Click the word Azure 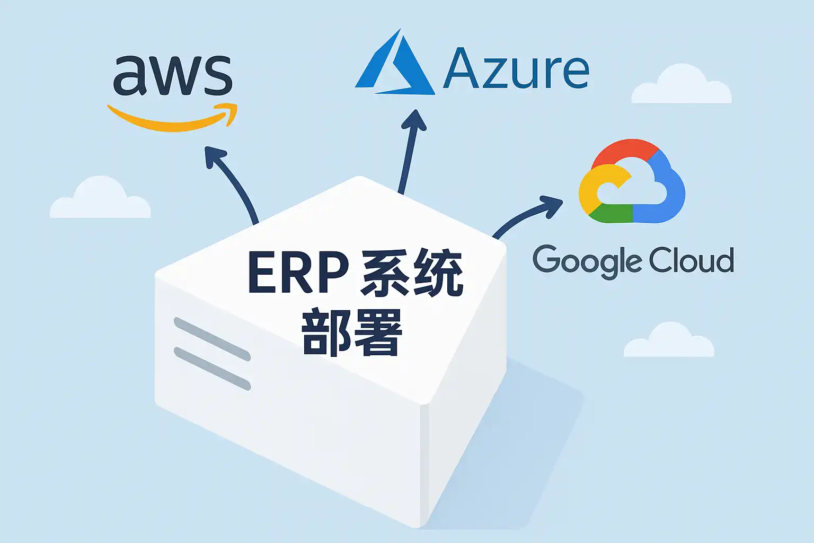coord(516,69)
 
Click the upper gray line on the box coord(212,339)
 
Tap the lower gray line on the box coord(212,369)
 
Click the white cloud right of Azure coord(682,86)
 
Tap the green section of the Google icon coord(609,214)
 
